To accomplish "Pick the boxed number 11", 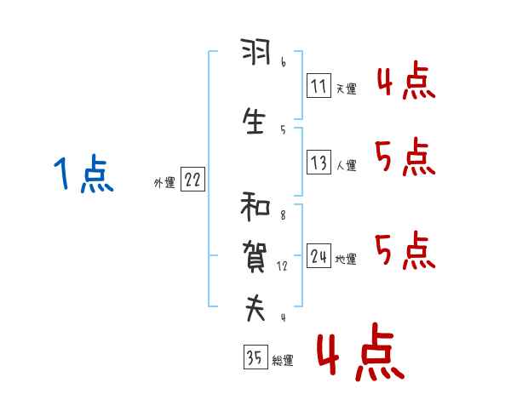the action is click(319, 85).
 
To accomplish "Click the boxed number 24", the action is click(319, 256).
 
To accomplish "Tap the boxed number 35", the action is click(254, 357).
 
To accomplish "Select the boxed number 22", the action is click(192, 180).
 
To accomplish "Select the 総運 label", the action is click(282, 361).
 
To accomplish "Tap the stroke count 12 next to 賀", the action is click(283, 266).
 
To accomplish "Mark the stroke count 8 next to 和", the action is click(283, 215).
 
